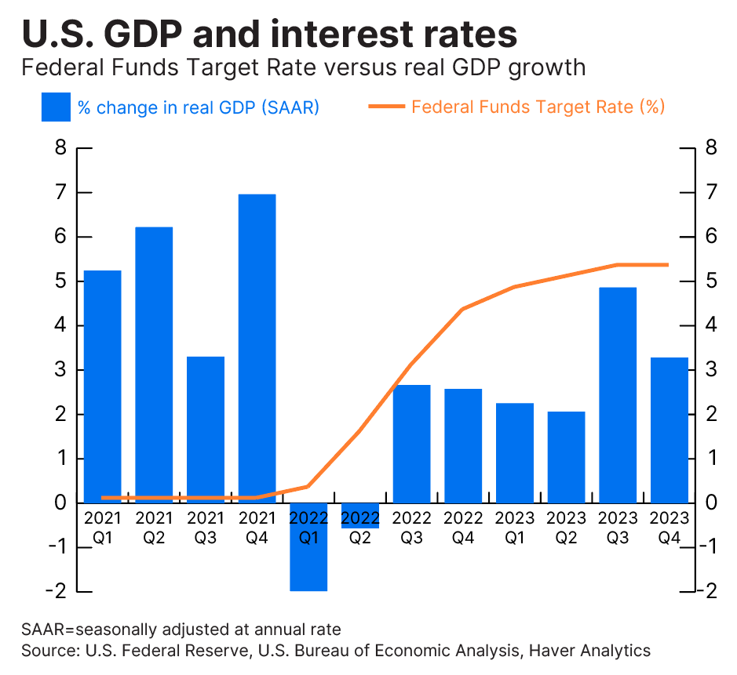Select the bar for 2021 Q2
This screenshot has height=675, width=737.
pyautogui.click(x=154, y=365)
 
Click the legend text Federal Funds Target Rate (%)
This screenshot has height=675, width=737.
pyautogui.click(x=538, y=107)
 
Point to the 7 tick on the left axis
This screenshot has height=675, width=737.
pyautogui.click(x=60, y=193)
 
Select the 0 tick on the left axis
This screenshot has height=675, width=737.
pyautogui.click(x=60, y=503)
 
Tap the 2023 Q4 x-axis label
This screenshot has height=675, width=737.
pyautogui.click(x=670, y=528)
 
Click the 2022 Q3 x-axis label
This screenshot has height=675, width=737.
pyautogui.click(x=412, y=528)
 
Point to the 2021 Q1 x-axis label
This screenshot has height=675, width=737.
pyautogui.click(x=102, y=528)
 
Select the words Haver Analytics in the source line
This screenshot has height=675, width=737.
pyautogui.click(x=589, y=651)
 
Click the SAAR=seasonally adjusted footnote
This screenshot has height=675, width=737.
pyautogui.click(x=181, y=630)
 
